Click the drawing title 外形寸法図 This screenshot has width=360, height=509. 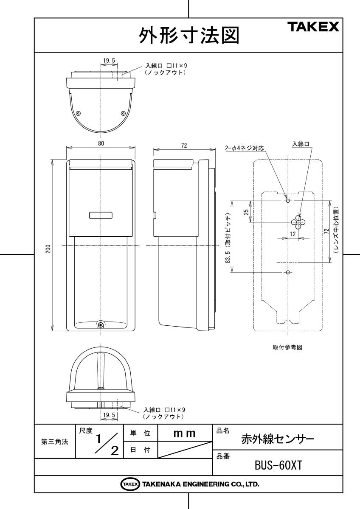pos(189,36)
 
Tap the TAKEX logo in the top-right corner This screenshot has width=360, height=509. pos(314,27)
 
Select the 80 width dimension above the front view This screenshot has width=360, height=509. pos(101,143)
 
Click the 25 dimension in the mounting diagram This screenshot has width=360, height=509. pos(246,212)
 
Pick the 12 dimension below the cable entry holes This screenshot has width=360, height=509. pos(293,234)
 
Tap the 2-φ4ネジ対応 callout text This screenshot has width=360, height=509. pos(245,148)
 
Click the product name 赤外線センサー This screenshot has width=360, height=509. pos(278,439)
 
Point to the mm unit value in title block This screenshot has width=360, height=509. pos(184,433)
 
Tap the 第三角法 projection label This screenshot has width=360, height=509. pos(55,442)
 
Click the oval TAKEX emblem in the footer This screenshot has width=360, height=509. pos(129,484)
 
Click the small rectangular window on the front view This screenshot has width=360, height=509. pos(101,215)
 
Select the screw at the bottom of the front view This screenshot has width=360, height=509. pos(101,325)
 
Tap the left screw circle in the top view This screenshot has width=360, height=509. pos(78,113)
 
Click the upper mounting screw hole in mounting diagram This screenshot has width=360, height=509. pos(288,201)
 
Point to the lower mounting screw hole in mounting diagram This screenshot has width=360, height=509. pos(288,272)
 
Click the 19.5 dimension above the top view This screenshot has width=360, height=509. pos(109,61)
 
